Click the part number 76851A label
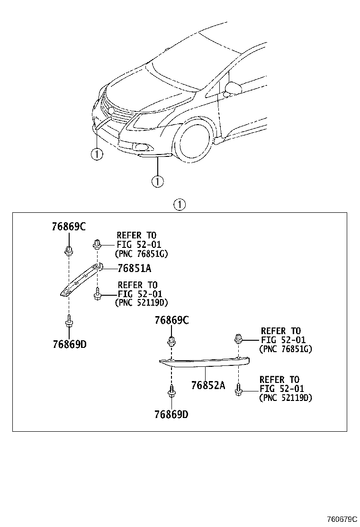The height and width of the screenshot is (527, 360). (x=135, y=268)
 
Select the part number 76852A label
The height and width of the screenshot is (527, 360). (x=208, y=385)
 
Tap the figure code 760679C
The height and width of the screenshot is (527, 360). (x=342, y=519)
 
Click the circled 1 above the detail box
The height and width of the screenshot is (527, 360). (x=180, y=204)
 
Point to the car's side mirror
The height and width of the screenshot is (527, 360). (x=233, y=89)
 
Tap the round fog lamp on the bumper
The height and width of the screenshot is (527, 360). (x=138, y=146)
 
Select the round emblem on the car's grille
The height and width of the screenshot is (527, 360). (x=111, y=110)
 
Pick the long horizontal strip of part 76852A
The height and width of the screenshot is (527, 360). (x=204, y=362)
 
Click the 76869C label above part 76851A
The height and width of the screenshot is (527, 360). (x=69, y=227)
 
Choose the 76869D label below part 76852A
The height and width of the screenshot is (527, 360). (x=171, y=414)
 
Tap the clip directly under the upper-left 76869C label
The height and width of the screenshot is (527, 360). (x=69, y=251)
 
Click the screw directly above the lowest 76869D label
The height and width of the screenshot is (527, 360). (x=171, y=391)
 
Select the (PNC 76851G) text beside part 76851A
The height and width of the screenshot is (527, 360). (x=141, y=254)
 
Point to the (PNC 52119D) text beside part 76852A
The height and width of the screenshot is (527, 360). (x=286, y=398)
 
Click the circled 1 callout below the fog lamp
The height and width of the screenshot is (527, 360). (x=157, y=182)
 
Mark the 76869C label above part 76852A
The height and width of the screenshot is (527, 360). (x=171, y=320)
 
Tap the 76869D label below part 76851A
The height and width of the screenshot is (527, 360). (x=70, y=344)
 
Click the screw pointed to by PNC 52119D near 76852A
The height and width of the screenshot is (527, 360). (x=238, y=390)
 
